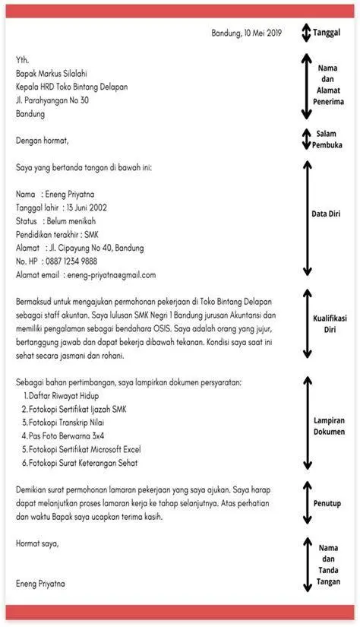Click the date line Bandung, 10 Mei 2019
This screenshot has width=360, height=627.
pyautogui.click(x=246, y=33)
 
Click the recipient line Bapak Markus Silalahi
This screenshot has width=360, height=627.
pyautogui.click(x=52, y=73)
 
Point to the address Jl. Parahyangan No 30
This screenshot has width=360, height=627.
pyautogui.click(x=52, y=100)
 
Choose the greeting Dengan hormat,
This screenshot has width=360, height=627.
pyautogui.click(x=42, y=140)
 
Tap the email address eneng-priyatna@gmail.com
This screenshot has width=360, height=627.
pyautogui.click(x=111, y=274)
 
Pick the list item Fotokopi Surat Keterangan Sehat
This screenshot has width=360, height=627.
pyautogui.click(x=88, y=463)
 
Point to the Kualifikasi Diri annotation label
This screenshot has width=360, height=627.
pyautogui.click(x=330, y=325)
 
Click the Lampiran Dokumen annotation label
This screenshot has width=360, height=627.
pyautogui.click(x=330, y=426)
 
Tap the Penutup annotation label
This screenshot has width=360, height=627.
pyautogui.click(x=327, y=503)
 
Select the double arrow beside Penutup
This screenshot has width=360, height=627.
pyautogui.click(x=306, y=503)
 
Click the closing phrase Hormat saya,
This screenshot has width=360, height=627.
pyautogui.click(x=36, y=543)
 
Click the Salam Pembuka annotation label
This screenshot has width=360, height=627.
pyautogui.click(x=327, y=139)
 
